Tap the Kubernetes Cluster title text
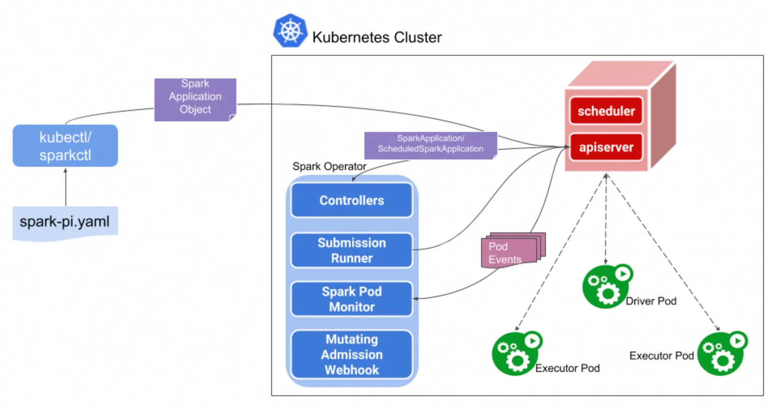377,38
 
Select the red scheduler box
606,112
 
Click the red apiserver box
606,147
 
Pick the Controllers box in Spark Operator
351,201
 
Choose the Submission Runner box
351,250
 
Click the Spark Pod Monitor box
351,299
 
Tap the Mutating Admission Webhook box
351,355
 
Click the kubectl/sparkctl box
65,146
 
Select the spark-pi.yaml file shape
65,222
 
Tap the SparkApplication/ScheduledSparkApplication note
431,145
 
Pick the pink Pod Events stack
512,252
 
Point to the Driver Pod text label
651,301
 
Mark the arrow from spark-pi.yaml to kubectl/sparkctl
65,188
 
